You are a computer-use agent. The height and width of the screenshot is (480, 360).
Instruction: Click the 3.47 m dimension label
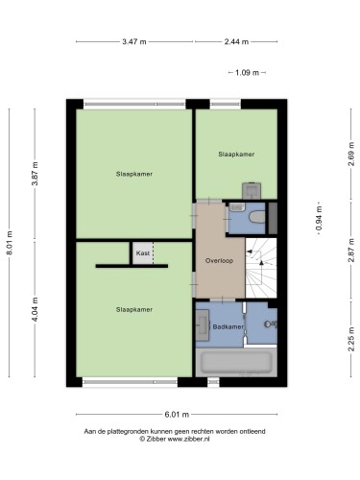(x=134, y=41)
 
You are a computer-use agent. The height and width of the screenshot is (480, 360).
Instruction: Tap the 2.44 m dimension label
(x=236, y=41)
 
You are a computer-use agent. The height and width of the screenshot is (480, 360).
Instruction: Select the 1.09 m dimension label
(x=247, y=73)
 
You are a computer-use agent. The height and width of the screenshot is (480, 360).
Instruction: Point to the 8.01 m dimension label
(x=10, y=243)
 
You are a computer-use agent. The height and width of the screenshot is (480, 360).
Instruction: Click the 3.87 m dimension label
(x=36, y=174)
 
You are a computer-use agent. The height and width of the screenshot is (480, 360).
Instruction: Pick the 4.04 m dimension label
(x=36, y=309)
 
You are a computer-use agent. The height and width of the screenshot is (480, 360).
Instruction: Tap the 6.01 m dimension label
(x=177, y=415)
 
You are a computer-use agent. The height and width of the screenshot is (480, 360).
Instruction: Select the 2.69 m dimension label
(x=351, y=154)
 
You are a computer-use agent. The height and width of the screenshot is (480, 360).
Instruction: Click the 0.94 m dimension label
(x=319, y=218)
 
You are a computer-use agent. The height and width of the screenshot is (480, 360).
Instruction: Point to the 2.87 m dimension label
(x=351, y=251)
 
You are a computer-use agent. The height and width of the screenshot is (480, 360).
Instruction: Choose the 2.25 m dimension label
(x=351, y=339)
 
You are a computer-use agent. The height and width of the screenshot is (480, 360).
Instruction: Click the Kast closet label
(x=143, y=253)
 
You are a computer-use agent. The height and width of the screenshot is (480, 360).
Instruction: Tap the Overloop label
(x=219, y=261)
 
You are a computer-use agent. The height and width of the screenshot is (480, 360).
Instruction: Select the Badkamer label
(x=228, y=327)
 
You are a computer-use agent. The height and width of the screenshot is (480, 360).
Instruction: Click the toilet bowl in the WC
(x=257, y=217)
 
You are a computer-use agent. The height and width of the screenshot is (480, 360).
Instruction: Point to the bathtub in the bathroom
(x=236, y=362)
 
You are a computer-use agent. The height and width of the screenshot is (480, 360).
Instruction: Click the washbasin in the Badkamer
(x=203, y=326)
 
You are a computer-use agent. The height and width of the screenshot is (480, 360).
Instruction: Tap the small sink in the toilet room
(x=237, y=207)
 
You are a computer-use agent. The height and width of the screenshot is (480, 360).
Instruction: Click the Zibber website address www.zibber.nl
(x=188, y=439)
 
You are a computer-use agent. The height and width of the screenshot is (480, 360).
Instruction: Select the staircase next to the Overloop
(x=261, y=268)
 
